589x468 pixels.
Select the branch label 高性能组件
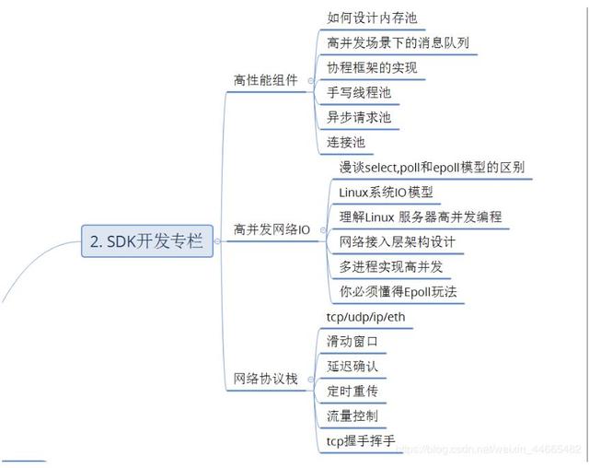tap(266, 80)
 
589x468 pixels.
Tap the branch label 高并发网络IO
tap(272, 228)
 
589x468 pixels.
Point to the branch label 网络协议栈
tap(266, 379)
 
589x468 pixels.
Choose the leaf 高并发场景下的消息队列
tap(401, 42)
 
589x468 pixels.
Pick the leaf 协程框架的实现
tap(372, 67)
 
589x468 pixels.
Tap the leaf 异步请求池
tap(359, 117)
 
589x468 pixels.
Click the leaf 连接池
tap(346, 142)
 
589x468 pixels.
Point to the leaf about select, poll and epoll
tap(432, 167)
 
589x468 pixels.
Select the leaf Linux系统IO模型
tap(386, 192)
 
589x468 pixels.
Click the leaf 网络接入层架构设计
tap(397, 241)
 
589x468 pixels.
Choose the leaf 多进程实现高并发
tap(391, 266)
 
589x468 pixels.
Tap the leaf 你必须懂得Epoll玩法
tap(398, 291)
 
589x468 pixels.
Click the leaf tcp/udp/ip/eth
tap(364, 316)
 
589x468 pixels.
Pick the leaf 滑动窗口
tap(352, 341)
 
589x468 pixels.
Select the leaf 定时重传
tap(352, 391)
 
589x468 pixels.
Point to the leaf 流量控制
tap(352, 415)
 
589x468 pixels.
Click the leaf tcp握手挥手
tap(361, 440)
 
